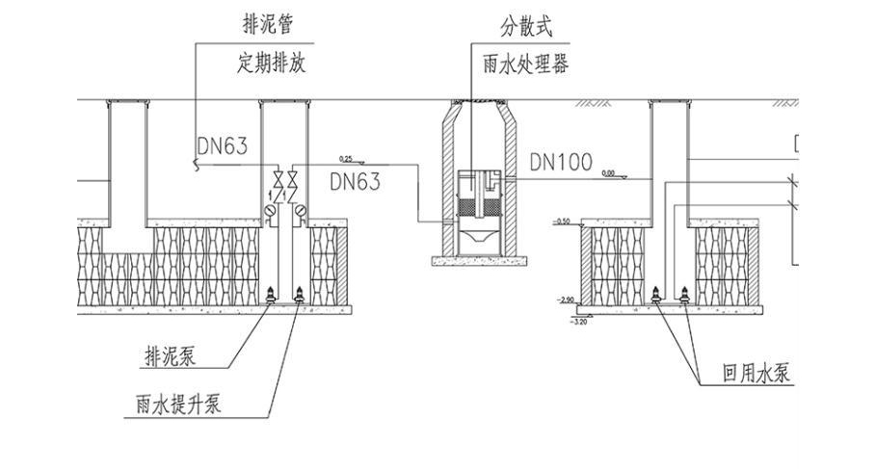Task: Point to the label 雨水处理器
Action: point(526,65)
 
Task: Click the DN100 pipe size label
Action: point(561,163)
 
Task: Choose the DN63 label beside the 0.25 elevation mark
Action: point(355,180)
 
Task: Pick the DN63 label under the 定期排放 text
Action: point(223,146)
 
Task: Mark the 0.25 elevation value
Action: point(347,157)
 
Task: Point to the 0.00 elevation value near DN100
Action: point(607,172)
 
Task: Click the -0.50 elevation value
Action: point(562,221)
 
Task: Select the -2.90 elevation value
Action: point(565,301)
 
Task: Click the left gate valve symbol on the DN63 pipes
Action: point(278,179)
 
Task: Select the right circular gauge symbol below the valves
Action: point(301,212)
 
